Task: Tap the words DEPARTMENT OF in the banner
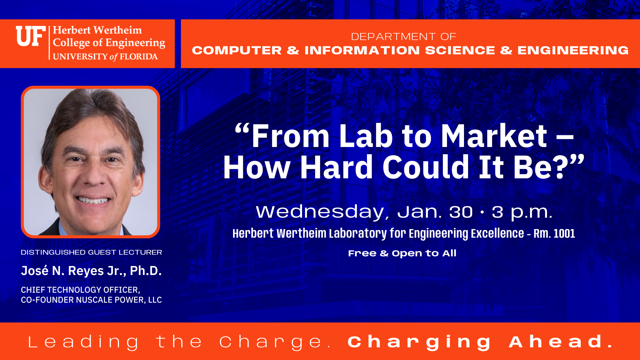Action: [403, 36]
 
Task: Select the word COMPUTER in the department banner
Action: [237, 50]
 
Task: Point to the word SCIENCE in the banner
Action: [460, 50]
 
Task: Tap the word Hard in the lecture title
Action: [336, 167]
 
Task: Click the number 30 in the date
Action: [461, 212]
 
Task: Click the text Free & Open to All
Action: [402, 253]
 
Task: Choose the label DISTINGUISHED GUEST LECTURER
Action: [91, 252]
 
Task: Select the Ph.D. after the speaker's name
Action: [146, 271]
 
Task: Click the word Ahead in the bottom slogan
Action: [561, 342]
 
